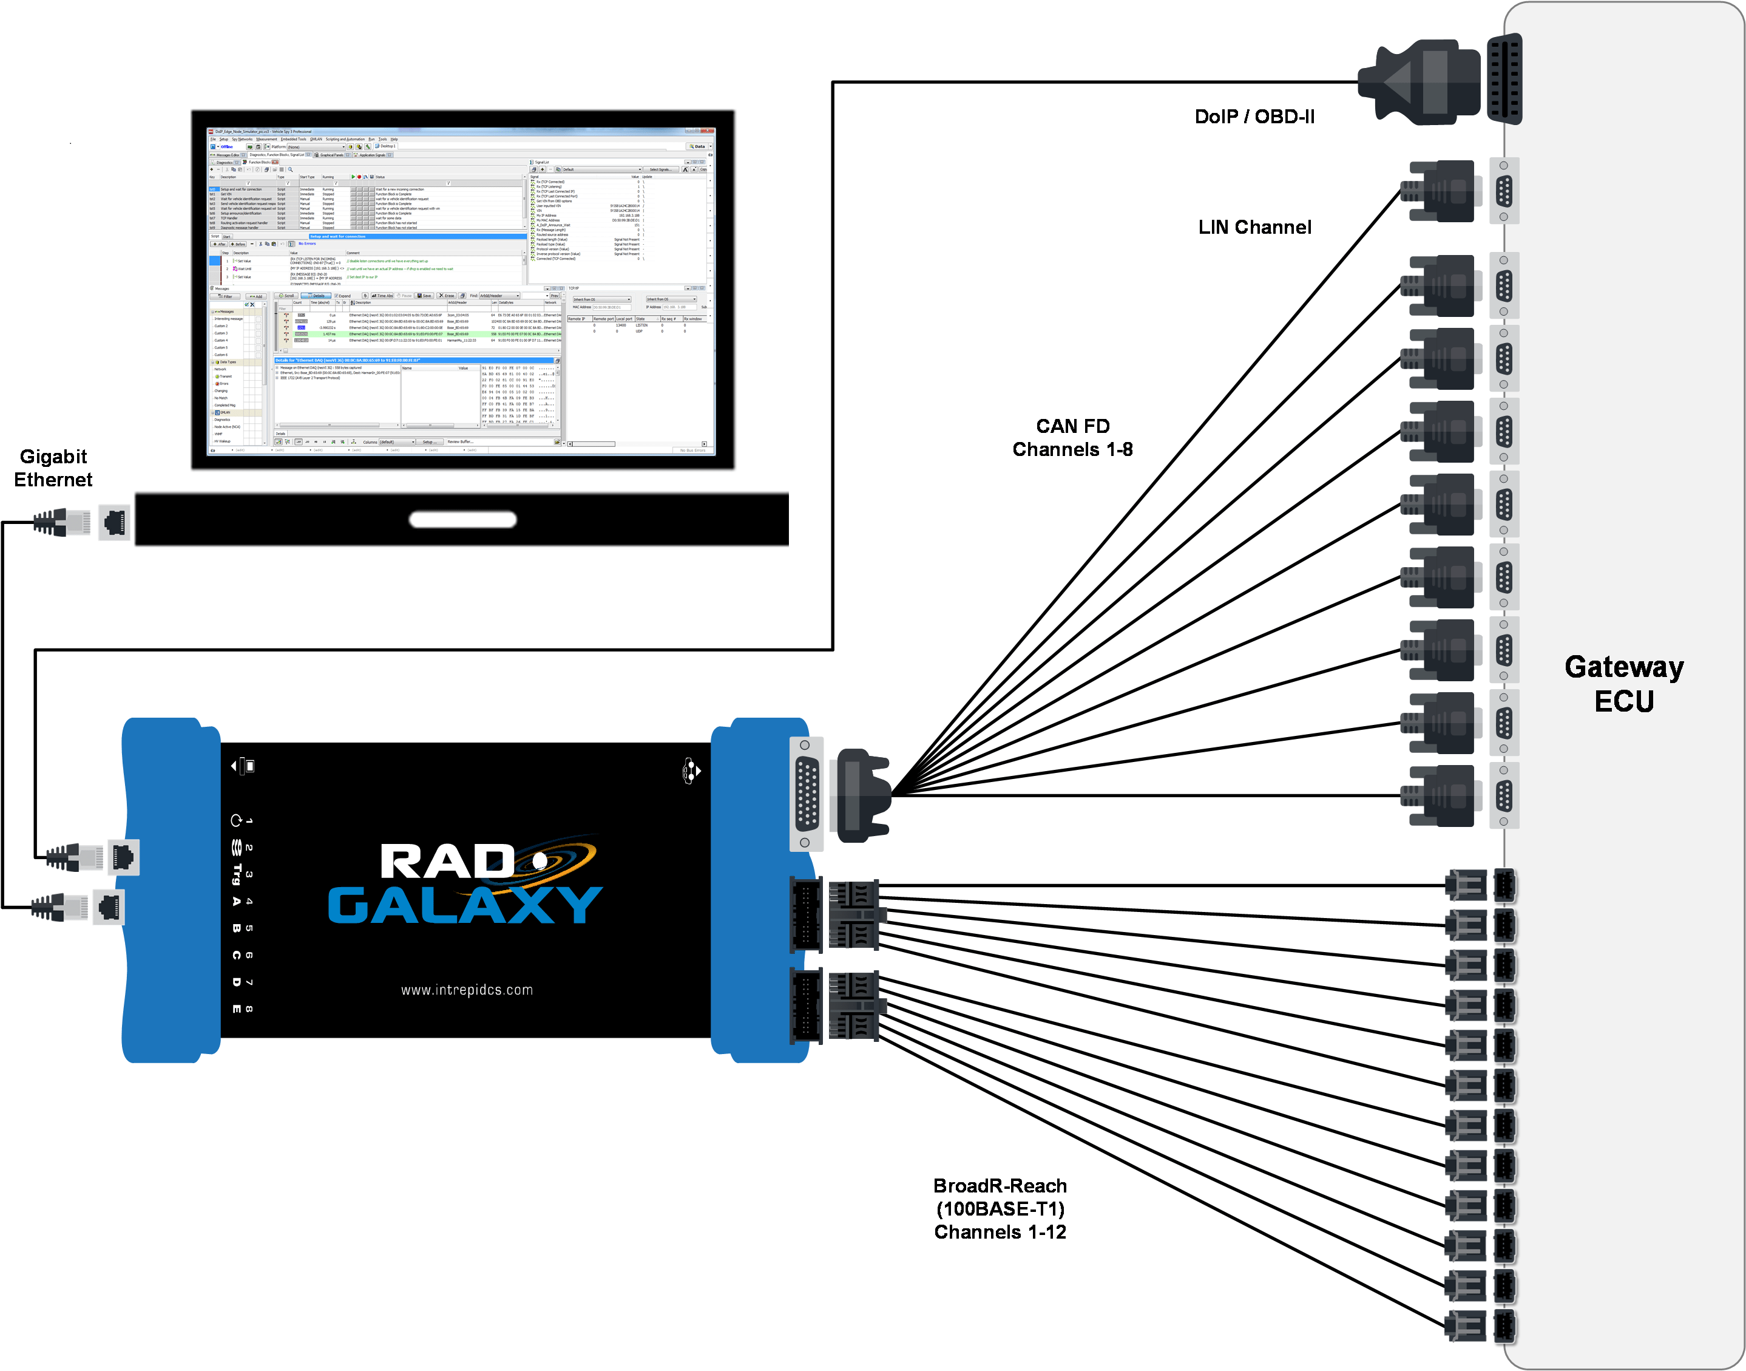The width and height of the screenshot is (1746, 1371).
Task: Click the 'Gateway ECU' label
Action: point(1623,683)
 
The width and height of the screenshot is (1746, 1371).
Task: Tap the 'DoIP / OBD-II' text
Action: point(1254,117)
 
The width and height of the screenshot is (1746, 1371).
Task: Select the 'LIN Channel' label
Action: point(1254,227)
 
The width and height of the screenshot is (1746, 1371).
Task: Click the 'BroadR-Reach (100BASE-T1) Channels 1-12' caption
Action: point(1000,1208)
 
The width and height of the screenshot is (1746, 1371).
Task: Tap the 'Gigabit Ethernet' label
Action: point(53,468)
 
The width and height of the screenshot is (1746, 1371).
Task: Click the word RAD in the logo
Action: point(447,862)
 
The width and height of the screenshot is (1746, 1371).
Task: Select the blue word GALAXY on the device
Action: point(465,905)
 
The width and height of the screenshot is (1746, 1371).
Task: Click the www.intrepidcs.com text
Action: point(467,990)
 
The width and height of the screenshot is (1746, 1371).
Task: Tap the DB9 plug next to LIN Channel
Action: point(1440,191)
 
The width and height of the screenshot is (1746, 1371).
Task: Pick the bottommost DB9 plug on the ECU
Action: point(1440,795)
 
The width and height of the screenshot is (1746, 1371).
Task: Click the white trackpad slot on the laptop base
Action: point(462,519)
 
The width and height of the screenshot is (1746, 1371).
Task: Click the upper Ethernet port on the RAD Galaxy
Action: point(123,857)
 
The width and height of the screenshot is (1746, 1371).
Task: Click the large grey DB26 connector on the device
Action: point(807,793)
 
